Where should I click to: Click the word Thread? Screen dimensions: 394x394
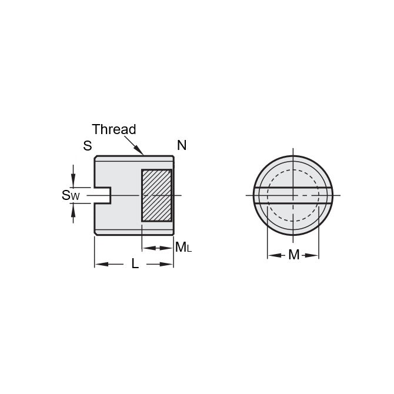click(x=113, y=129)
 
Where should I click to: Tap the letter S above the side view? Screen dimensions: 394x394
click(x=87, y=146)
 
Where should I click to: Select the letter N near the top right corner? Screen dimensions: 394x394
click(x=182, y=145)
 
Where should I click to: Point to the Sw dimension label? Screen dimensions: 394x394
click(x=70, y=195)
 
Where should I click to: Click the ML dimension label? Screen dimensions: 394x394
click(x=183, y=248)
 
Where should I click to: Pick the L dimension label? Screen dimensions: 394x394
click(x=135, y=265)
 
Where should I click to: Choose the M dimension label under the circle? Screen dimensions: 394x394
click(x=293, y=255)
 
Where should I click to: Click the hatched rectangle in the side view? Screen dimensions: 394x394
click(x=156, y=195)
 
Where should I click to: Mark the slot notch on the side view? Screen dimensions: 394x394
click(x=103, y=195)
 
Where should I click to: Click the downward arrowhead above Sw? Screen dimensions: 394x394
click(x=73, y=182)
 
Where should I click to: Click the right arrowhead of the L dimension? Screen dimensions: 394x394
click(x=169, y=265)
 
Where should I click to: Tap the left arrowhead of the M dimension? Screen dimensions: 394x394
click(x=272, y=255)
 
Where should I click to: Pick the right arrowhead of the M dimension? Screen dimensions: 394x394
click(x=315, y=255)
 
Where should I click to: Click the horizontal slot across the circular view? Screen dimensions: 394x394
click(x=293, y=195)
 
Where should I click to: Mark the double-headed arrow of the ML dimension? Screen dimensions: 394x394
click(x=157, y=248)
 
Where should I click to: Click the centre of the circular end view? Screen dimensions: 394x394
click(x=293, y=195)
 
